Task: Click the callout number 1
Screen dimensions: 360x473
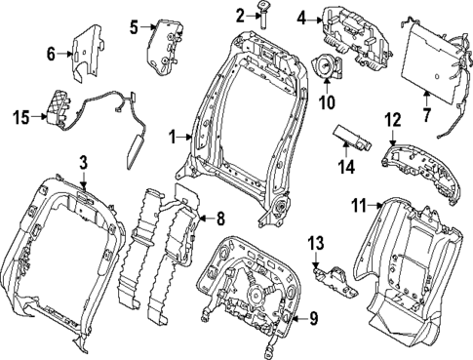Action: point(174,138)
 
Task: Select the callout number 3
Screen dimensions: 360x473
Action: point(84,161)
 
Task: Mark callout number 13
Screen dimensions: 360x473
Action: point(315,242)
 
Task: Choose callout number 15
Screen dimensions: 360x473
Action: point(21,118)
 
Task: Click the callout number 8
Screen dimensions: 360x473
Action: point(219,220)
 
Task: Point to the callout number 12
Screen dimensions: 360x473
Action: point(392,120)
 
